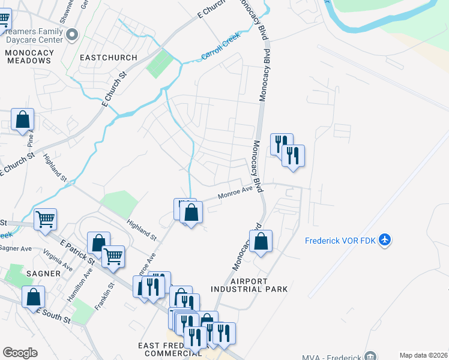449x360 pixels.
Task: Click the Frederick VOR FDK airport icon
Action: pos(385,241)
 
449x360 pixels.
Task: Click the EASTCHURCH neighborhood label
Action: pos(108,58)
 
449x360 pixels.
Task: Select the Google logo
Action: pos(20,353)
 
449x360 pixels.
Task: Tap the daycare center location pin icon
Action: pos(72,35)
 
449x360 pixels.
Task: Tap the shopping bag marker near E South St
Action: pos(34,296)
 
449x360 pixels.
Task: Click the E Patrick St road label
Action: pos(77,253)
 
